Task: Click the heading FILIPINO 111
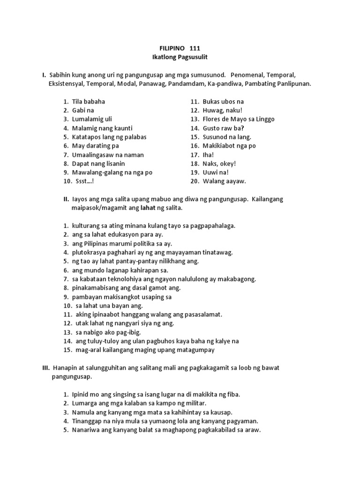tap(180, 48)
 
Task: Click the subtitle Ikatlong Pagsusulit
tap(180, 57)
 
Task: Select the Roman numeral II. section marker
tap(66, 199)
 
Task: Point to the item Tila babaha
tap(89, 101)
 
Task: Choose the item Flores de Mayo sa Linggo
tap(239, 119)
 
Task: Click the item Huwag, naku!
tap(222, 110)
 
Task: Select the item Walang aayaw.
tap(224, 181)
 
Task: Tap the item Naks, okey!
tap(219, 163)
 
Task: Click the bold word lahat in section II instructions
tap(141, 208)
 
